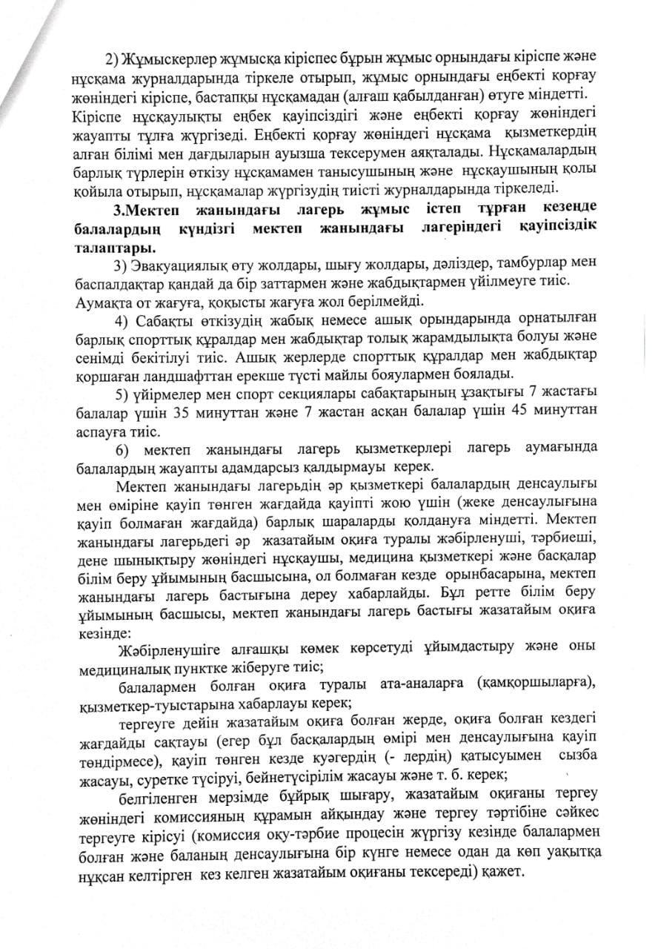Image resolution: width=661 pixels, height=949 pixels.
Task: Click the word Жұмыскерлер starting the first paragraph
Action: point(165,58)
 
